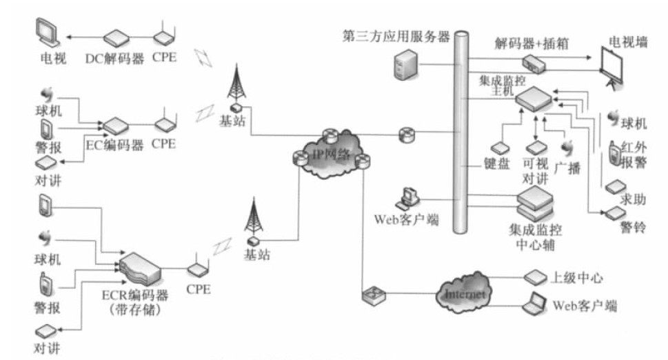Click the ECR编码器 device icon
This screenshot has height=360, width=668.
(141, 266)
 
